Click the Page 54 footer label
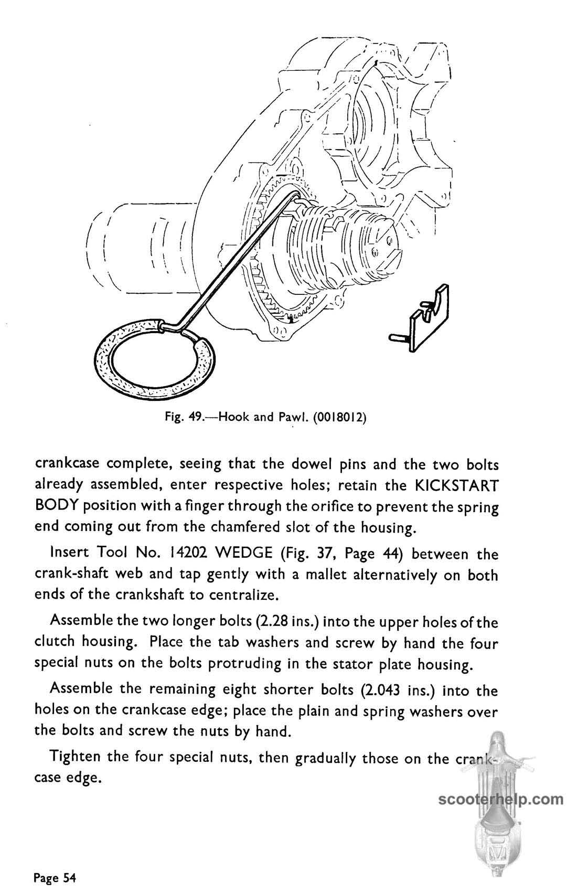[x=55, y=877]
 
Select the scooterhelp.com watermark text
[x=500, y=800]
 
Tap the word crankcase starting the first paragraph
[x=67, y=464]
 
